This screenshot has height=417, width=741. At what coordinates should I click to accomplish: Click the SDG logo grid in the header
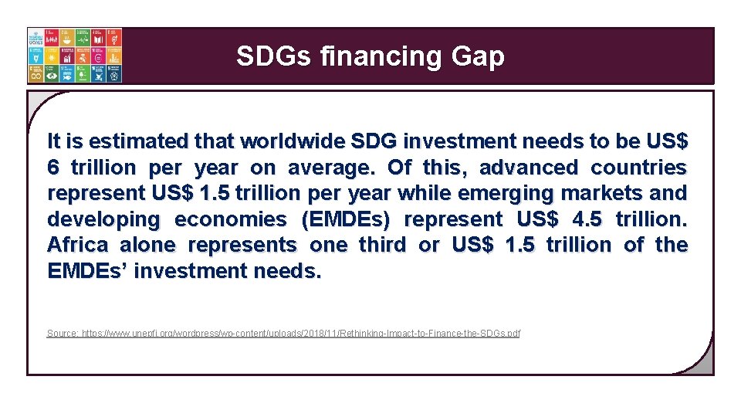(x=74, y=56)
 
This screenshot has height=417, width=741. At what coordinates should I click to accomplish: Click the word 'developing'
(x=103, y=219)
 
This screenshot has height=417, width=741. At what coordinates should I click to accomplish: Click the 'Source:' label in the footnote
(x=62, y=334)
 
